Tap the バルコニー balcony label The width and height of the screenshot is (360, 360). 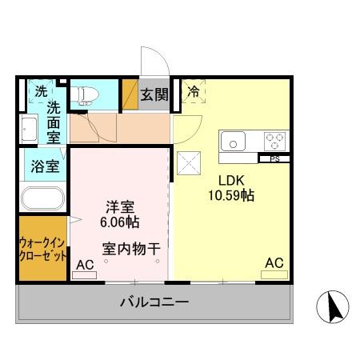(154, 302)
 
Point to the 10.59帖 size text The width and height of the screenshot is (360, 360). (231, 194)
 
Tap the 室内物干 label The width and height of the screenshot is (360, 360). (130, 247)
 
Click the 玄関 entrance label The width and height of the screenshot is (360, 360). (154, 94)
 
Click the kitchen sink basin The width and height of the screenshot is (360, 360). (234, 142)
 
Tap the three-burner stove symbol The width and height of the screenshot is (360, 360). (274, 142)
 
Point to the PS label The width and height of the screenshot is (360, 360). (274, 158)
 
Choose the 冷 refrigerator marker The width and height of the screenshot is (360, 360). (193, 93)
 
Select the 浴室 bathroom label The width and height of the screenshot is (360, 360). (44, 167)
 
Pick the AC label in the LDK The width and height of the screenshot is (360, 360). (273, 262)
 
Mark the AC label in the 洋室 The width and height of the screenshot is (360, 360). (84, 264)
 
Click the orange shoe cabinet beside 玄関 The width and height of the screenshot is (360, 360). (130, 94)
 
